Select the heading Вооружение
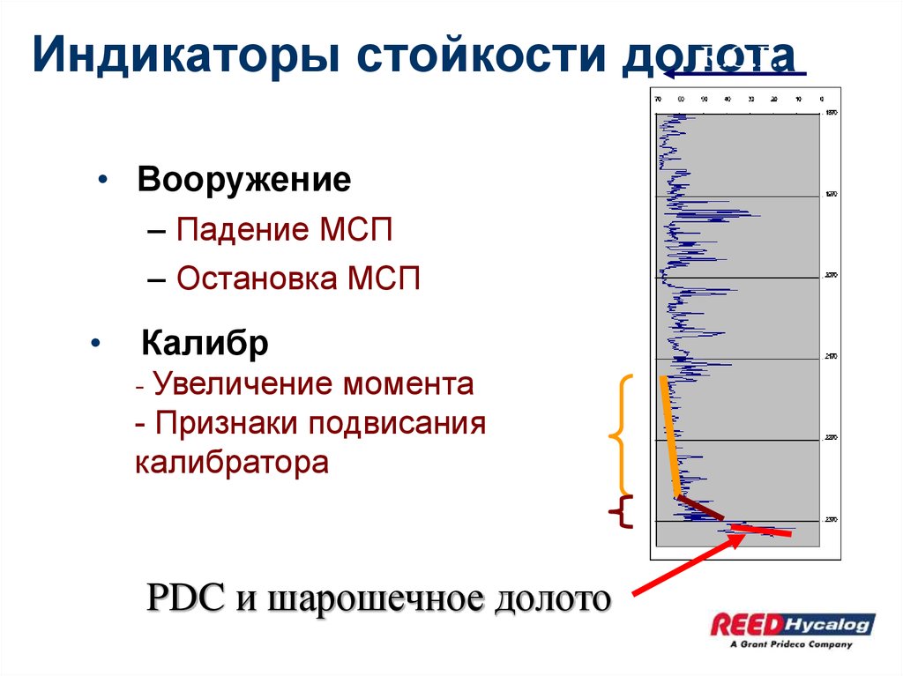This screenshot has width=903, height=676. coord(243,181)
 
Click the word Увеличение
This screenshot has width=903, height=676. coord(244,384)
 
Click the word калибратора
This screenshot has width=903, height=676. coord(231,462)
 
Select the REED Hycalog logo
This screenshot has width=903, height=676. coord(793,625)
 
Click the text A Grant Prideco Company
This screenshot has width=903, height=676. coord(791,645)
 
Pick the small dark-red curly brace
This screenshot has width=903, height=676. coord(623,512)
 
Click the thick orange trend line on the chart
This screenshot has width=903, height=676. coord(669,436)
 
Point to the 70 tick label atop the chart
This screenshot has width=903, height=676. coord(658,99)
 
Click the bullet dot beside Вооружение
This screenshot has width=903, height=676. coord(104,181)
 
